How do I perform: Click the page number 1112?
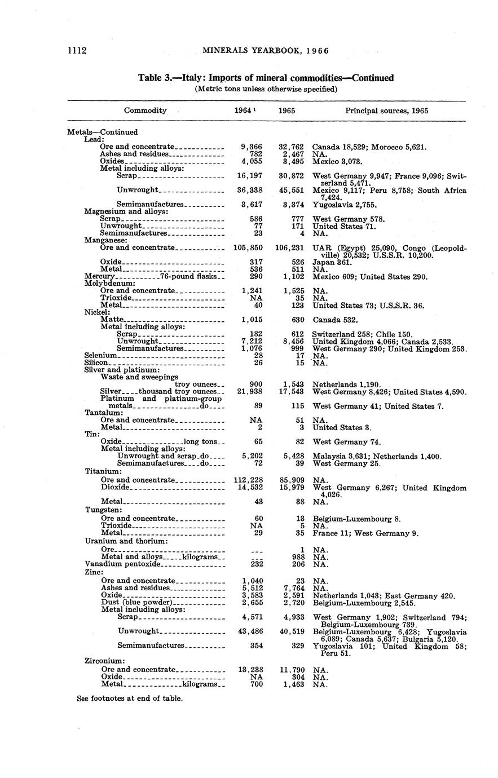tap(77, 51)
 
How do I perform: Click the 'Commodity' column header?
tap(146, 110)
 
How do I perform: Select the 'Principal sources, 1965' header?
tap(386, 110)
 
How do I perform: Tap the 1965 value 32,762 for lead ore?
tap(292, 147)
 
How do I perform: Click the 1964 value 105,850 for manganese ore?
tap(248, 247)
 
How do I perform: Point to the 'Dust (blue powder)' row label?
tap(136, 603)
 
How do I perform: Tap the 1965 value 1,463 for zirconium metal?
tap(294, 684)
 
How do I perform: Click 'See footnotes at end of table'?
tap(130, 698)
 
